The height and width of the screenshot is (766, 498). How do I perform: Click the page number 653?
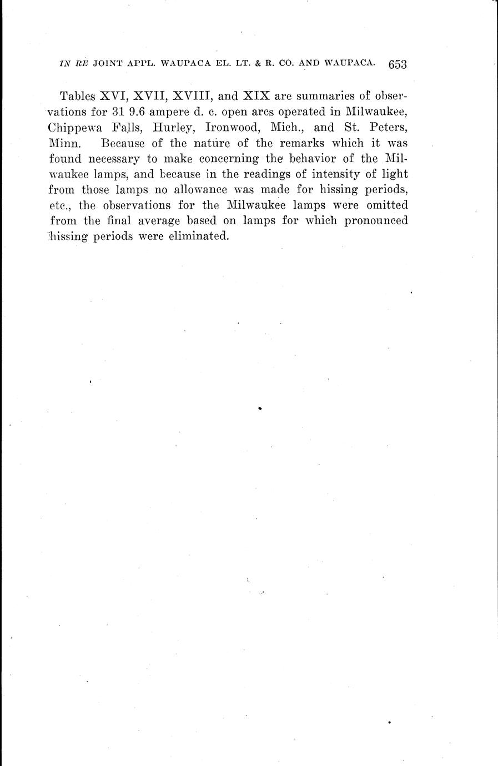[398, 64]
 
